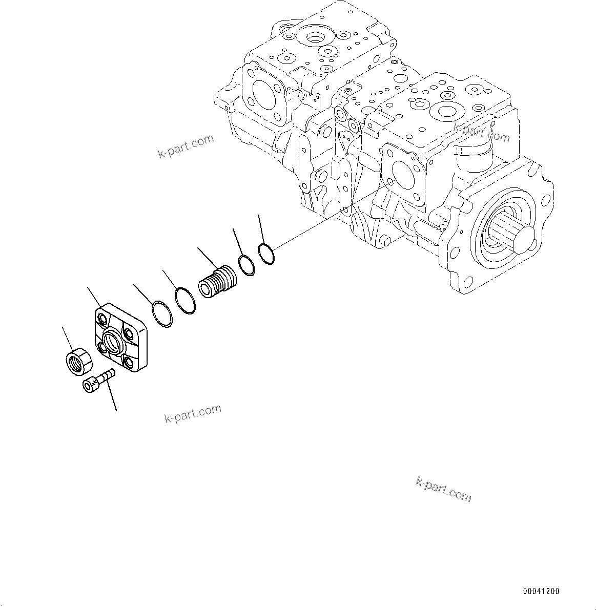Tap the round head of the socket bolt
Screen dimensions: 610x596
(x=90, y=385)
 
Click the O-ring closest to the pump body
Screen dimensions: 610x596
(x=265, y=254)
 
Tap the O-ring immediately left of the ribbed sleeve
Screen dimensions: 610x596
(x=185, y=302)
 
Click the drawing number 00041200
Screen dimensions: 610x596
(x=541, y=591)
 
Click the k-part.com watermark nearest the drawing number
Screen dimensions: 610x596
(x=443, y=490)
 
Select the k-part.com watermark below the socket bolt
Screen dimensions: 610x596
(x=193, y=413)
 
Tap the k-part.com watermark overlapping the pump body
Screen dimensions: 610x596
(x=481, y=134)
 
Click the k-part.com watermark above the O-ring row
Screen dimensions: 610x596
(x=185, y=146)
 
